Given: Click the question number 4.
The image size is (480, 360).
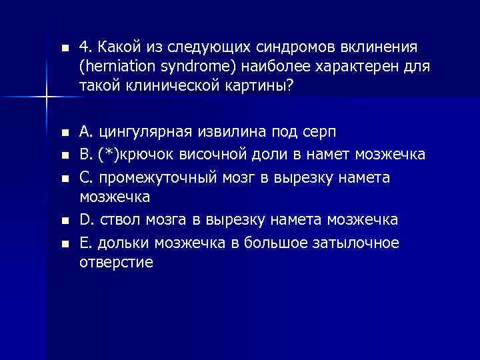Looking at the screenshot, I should point(84,48).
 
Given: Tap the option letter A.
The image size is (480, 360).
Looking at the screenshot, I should point(85,129).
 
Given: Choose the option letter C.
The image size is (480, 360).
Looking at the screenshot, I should point(85,178).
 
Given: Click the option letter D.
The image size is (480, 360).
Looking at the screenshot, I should point(85,220).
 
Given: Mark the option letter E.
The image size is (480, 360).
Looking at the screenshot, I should point(84,243).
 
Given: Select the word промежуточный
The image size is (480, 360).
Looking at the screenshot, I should point(149,178).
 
